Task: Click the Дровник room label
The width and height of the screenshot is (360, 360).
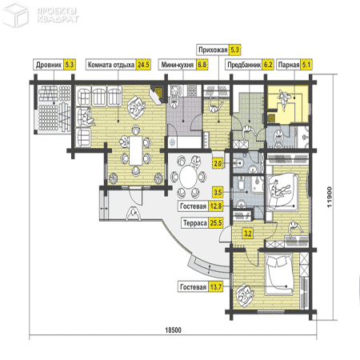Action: click(49, 65)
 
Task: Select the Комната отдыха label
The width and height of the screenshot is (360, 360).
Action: click(111, 65)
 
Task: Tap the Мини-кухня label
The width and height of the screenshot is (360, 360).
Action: click(178, 65)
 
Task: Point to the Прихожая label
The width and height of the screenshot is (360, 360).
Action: click(213, 50)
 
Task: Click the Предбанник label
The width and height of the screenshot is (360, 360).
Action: click(244, 65)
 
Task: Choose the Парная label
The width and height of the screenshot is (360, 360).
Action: click(289, 65)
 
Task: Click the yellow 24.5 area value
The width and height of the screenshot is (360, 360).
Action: click(143, 65)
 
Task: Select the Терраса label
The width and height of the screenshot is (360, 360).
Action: click(195, 223)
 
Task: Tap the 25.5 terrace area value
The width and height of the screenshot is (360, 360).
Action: click(216, 223)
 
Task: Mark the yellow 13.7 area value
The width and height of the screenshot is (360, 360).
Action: click(216, 287)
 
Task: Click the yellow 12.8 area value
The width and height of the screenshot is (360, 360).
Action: click(216, 206)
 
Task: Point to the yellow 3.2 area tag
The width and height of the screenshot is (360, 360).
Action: click(248, 234)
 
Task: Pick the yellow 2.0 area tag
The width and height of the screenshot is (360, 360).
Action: click(218, 163)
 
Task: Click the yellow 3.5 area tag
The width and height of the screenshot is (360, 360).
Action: click(218, 192)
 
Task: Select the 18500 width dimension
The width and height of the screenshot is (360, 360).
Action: click(173, 330)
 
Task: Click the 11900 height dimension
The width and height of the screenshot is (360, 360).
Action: click(330, 197)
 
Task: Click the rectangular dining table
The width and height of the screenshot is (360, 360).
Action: click(136, 150)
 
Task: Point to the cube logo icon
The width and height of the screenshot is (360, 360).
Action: click(15, 14)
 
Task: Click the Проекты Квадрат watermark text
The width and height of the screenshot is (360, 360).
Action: click(58, 15)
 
